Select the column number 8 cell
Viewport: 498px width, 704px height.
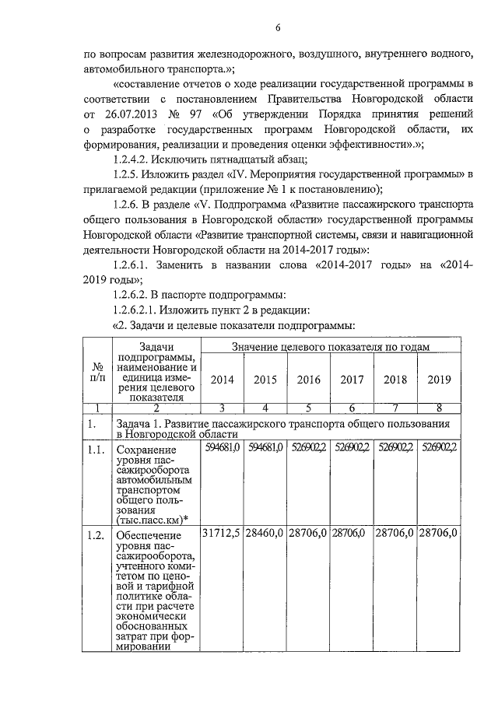440,408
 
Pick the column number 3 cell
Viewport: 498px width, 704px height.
222,408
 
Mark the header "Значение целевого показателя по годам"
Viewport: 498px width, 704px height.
331,346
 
